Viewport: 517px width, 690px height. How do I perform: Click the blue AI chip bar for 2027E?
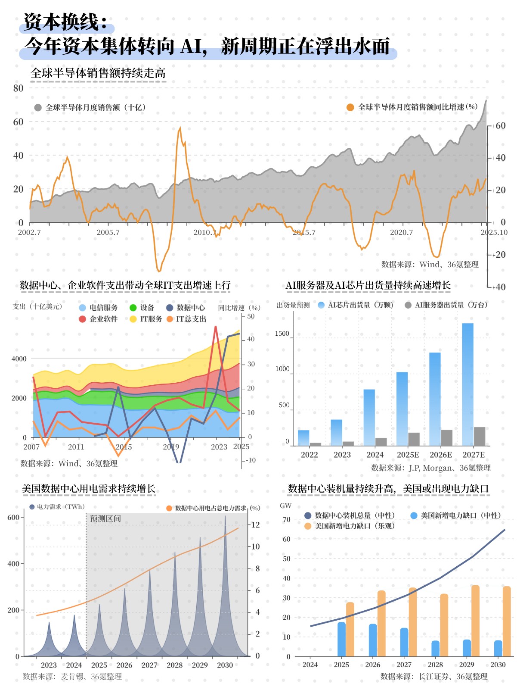467,384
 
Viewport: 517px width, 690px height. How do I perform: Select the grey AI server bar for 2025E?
414,439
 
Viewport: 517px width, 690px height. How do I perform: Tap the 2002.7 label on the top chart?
29,232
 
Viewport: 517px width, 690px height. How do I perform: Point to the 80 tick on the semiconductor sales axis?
18,88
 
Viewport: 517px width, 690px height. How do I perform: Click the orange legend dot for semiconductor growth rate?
350,107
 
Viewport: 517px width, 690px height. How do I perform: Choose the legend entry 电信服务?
103,308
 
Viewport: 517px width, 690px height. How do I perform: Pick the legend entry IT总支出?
191,319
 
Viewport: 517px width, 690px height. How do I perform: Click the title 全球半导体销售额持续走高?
98,73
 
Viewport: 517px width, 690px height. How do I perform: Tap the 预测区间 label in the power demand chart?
105,519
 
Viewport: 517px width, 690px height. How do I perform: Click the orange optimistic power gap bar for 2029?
475,621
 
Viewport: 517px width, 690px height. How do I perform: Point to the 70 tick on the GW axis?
286,520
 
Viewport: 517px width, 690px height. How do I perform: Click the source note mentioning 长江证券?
434,677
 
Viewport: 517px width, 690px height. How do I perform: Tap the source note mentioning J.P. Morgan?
430,468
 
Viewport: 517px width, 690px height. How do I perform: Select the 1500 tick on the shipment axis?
282,334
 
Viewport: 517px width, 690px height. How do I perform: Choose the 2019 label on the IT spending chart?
171,447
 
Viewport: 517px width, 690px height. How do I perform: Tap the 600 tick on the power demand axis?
13,518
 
